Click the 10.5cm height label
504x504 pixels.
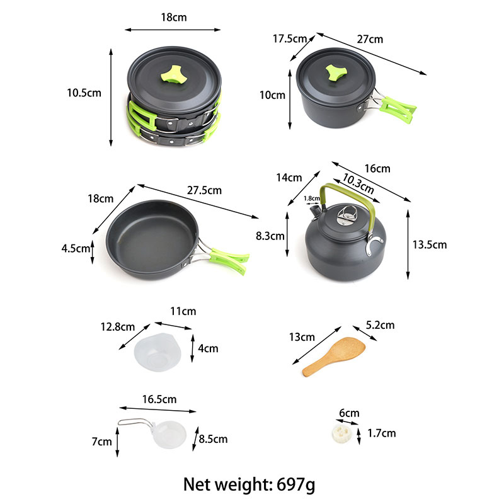(x=84, y=93)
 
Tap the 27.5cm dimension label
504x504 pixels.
(x=204, y=190)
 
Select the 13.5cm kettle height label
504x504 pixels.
(x=430, y=244)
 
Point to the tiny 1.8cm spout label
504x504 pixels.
(x=312, y=198)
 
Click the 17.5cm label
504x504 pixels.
(x=290, y=38)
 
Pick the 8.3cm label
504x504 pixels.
(x=270, y=236)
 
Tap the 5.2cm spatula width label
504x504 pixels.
(x=381, y=325)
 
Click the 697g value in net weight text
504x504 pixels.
(x=296, y=484)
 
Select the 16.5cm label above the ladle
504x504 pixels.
(x=159, y=399)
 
